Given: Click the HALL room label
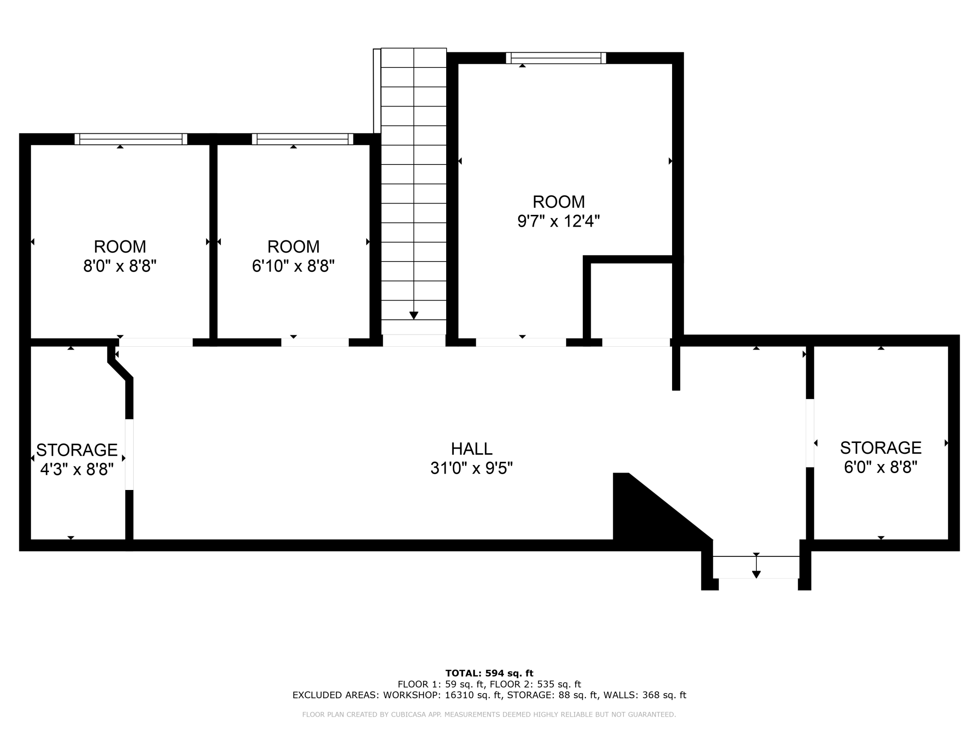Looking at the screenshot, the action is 472,449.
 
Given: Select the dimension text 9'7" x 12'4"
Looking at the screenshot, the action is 559,221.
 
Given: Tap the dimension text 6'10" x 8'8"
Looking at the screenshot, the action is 293,266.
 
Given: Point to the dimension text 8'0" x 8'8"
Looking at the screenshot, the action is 120,266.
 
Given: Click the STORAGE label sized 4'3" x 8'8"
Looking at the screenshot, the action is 77,450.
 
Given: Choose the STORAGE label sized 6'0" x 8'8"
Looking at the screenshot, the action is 881,448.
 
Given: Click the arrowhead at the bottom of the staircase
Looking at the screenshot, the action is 414,316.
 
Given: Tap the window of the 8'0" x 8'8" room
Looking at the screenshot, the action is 131,139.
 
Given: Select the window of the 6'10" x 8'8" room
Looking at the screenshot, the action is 303,139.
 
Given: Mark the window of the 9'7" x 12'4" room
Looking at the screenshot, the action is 556,58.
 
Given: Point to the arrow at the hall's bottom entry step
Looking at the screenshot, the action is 756,565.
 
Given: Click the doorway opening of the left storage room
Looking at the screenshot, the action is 129,455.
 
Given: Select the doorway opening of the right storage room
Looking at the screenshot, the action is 810,433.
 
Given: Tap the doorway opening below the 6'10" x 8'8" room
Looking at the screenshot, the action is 315,343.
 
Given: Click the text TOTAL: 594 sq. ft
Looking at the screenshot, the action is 489,673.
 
